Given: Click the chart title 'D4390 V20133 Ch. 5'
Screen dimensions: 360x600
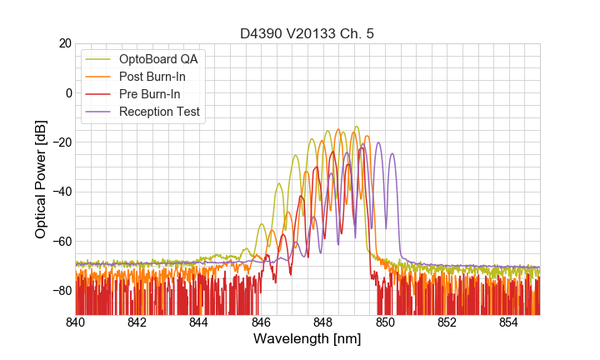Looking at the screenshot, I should coord(307,33).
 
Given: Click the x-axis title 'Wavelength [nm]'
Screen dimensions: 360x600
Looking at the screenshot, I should coord(307,339).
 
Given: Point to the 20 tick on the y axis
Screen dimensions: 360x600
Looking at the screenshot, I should coord(62,43).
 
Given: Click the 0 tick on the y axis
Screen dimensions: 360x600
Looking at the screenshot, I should coord(66,92).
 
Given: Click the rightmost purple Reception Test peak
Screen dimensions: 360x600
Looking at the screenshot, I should coord(392,154).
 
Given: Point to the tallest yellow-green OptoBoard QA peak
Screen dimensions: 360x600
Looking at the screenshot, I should coord(357,127).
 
